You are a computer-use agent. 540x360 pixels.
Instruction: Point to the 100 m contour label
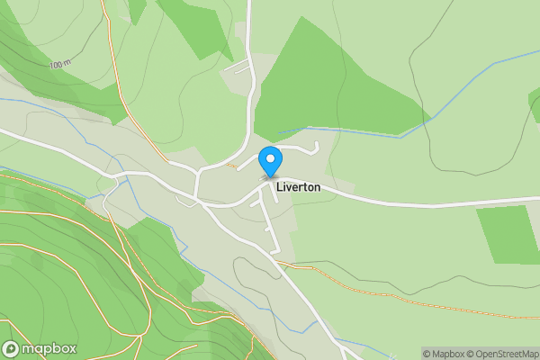(x=60, y=65)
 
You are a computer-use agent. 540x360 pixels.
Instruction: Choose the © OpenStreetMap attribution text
(x=504, y=354)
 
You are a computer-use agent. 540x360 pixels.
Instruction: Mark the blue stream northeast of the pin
(x=360, y=131)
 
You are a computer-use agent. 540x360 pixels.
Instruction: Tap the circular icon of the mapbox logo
(x=11, y=349)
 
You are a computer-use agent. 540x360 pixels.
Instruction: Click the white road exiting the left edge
(x=27, y=139)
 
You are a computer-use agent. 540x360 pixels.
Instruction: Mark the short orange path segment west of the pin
(x=232, y=166)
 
